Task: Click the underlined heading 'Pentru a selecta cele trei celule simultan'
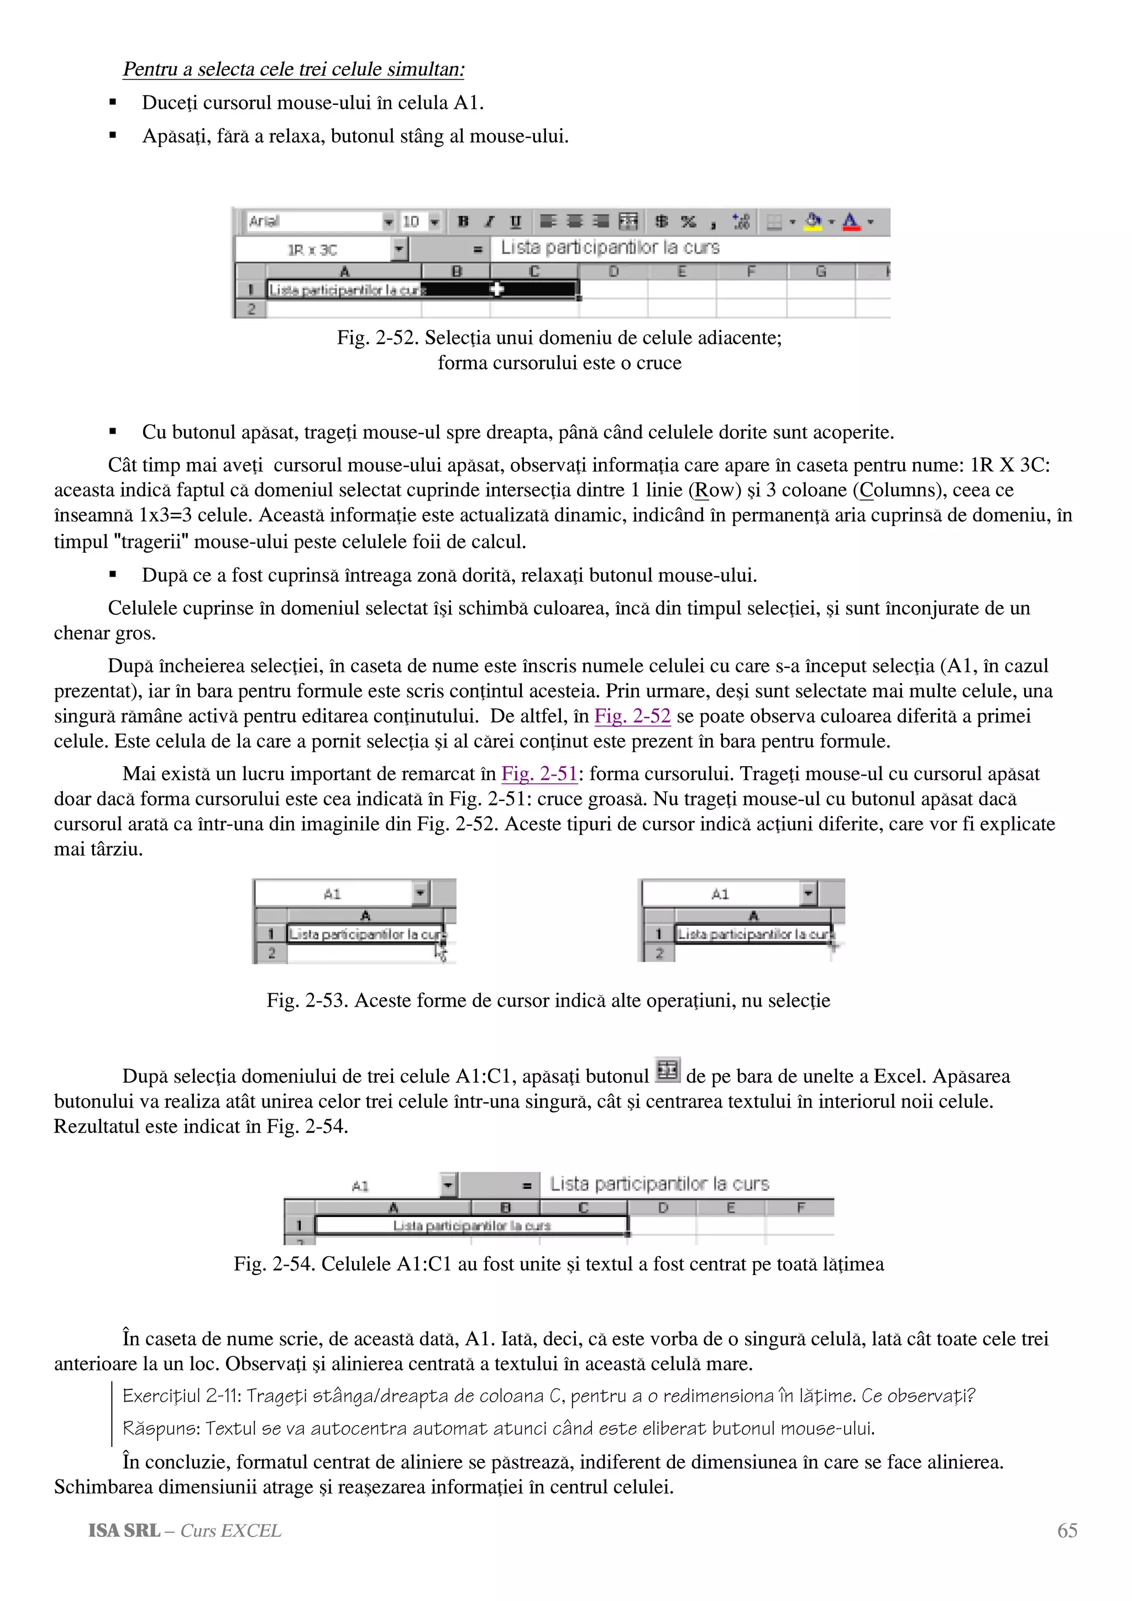tap(293, 70)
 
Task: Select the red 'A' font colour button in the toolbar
tap(850, 222)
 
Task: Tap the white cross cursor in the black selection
tap(496, 289)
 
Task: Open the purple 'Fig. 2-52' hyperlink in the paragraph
tap(632, 716)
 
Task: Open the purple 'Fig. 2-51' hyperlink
tap(539, 774)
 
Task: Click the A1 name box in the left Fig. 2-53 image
tap(333, 894)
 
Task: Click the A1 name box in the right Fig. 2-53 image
tap(721, 894)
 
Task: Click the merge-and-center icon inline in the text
tap(668, 1070)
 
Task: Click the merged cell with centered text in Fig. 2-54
tap(471, 1226)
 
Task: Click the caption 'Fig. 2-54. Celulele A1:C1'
tap(558, 1264)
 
